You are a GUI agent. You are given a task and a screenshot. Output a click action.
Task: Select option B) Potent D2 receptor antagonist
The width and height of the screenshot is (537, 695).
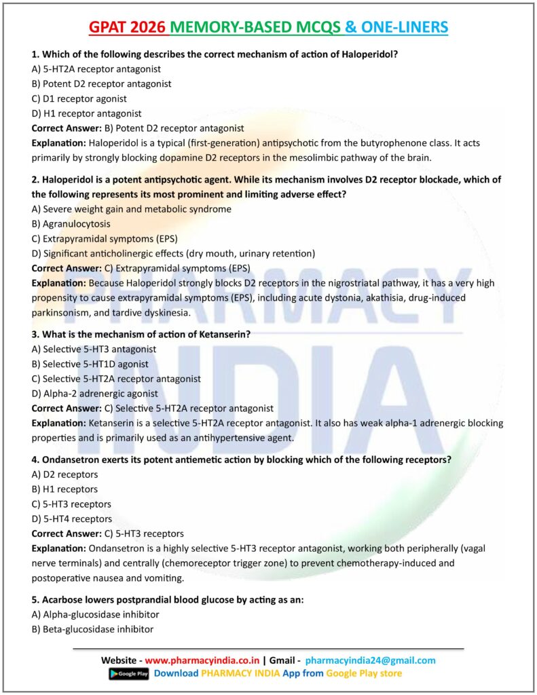tap(101, 83)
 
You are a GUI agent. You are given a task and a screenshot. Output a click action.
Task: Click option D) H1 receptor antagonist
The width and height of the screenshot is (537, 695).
tap(86, 113)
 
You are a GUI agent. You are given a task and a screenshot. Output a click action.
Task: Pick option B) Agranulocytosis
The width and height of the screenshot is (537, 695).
tap(71, 223)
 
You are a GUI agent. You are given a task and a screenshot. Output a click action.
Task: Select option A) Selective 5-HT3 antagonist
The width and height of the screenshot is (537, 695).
tap(94, 349)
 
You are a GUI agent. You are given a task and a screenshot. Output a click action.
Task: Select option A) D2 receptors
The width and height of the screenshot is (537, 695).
tap(64, 474)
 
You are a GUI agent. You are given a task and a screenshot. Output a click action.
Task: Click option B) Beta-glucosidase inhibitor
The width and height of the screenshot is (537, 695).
tap(92, 629)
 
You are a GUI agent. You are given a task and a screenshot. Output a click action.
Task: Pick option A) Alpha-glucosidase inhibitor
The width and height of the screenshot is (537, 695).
tap(95, 614)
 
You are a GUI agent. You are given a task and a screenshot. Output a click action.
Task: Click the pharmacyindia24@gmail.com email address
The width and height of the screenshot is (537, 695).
tap(370, 660)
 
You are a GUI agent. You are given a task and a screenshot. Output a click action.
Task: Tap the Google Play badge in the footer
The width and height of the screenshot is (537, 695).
tap(128, 673)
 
